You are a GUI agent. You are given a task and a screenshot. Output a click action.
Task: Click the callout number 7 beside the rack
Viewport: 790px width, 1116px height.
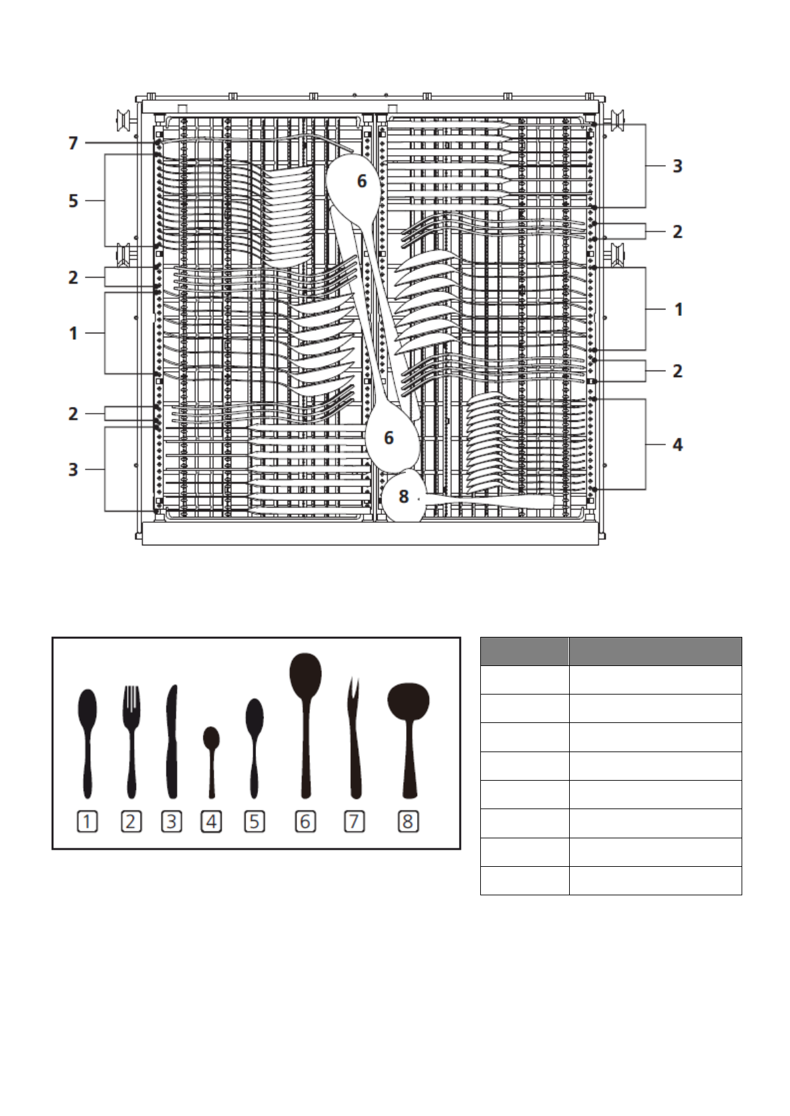[74, 143]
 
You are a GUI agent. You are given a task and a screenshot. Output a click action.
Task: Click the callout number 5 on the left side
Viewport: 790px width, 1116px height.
[74, 201]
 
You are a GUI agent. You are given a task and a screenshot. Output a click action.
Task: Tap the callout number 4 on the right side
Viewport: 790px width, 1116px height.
[677, 445]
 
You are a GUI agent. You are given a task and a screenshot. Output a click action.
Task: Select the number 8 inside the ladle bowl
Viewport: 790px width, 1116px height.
[403, 496]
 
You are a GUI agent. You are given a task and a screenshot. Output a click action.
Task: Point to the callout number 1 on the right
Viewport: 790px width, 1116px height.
[679, 309]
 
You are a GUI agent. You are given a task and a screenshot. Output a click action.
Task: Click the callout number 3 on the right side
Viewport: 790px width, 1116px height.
[677, 166]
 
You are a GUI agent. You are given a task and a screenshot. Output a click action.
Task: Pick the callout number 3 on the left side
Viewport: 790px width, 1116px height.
[74, 469]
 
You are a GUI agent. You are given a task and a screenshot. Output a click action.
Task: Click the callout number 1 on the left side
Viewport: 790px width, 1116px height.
[74, 333]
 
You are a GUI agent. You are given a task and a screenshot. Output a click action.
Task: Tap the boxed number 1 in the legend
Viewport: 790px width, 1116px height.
[88, 822]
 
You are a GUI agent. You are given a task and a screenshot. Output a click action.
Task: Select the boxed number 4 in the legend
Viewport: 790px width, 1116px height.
[211, 822]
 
